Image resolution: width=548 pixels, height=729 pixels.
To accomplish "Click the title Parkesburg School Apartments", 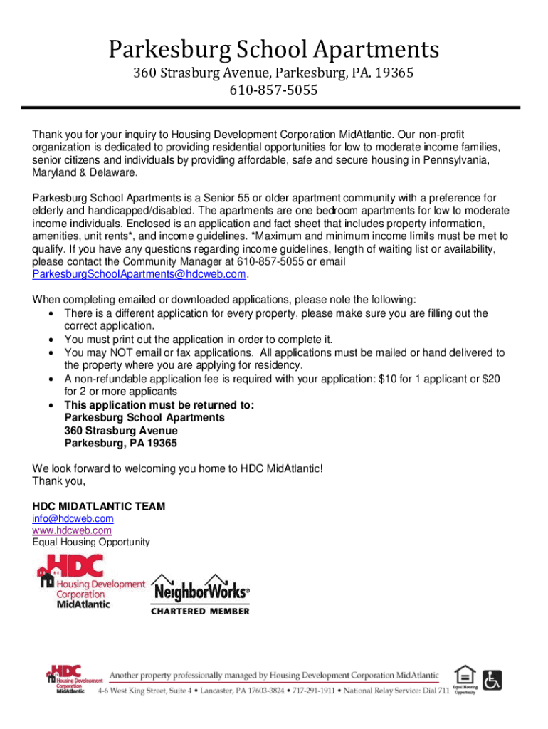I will [274, 50].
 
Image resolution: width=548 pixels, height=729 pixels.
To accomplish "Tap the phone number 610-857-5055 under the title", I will [273, 90].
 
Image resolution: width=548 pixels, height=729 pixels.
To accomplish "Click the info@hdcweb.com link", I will [73, 518].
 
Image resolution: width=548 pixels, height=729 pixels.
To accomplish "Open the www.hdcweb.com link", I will [72, 530].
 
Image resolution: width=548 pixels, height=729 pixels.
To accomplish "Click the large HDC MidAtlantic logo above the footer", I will [90, 581].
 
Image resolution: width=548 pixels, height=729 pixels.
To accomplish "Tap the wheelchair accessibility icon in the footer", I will [492, 680].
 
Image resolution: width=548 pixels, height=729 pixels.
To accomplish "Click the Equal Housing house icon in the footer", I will [465, 674].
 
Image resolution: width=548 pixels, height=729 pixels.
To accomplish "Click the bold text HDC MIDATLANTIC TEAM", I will [99, 506].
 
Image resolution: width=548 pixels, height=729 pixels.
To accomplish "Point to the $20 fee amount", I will [491, 379].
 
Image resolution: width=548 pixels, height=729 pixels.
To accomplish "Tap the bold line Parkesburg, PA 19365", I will [121, 444].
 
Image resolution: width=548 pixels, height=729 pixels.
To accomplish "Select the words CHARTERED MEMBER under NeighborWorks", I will [200, 611].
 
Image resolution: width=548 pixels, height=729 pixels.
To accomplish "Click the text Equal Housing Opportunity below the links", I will [91, 542].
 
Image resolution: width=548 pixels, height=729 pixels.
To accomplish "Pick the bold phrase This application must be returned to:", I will [159, 405].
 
